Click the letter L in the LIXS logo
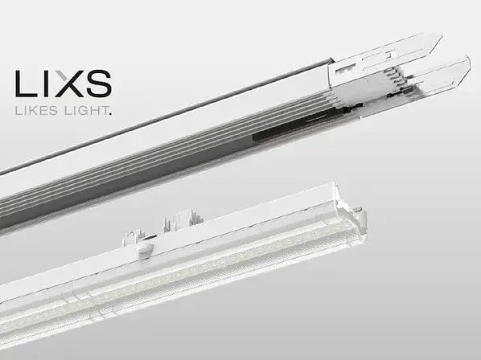click(x=26, y=84)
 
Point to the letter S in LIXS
click(x=98, y=84)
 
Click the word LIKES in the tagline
click(x=36, y=110)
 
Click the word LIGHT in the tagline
click(x=85, y=110)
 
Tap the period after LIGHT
click(x=110, y=114)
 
